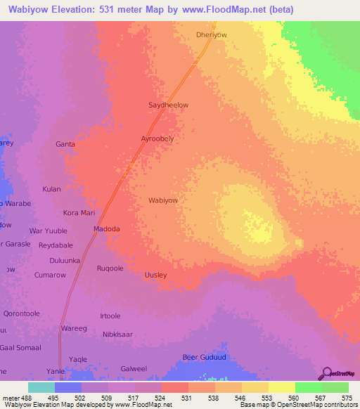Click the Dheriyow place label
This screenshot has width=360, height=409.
pyautogui.click(x=211, y=34)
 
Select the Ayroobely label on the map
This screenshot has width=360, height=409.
pyautogui.click(x=157, y=139)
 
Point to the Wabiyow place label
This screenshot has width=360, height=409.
pyautogui.click(x=162, y=200)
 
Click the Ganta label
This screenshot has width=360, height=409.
pyautogui.click(x=65, y=144)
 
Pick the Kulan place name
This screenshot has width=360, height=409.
pyautogui.click(x=51, y=189)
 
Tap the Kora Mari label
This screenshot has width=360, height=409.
pyautogui.click(x=79, y=212)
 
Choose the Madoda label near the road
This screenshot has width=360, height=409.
pyautogui.click(x=107, y=229)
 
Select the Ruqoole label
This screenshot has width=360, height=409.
pyautogui.click(x=110, y=268)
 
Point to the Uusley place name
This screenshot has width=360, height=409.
pyautogui.click(x=155, y=275)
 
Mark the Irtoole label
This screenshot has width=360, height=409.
pyautogui.click(x=110, y=316)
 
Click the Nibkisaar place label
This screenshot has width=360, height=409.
pyautogui.click(x=117, y=335)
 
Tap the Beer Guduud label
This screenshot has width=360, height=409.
pyautogui.click(x=202, y=357)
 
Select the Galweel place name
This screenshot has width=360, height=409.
pyautogui.click(x=134, y=368)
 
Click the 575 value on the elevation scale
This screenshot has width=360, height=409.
pyautogui.click(x=347, y=398)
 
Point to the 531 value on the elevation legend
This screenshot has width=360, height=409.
pyautogui.click(x=186, y=398)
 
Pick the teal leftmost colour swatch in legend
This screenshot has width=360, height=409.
pyautogui.click(x=41, y=387)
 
